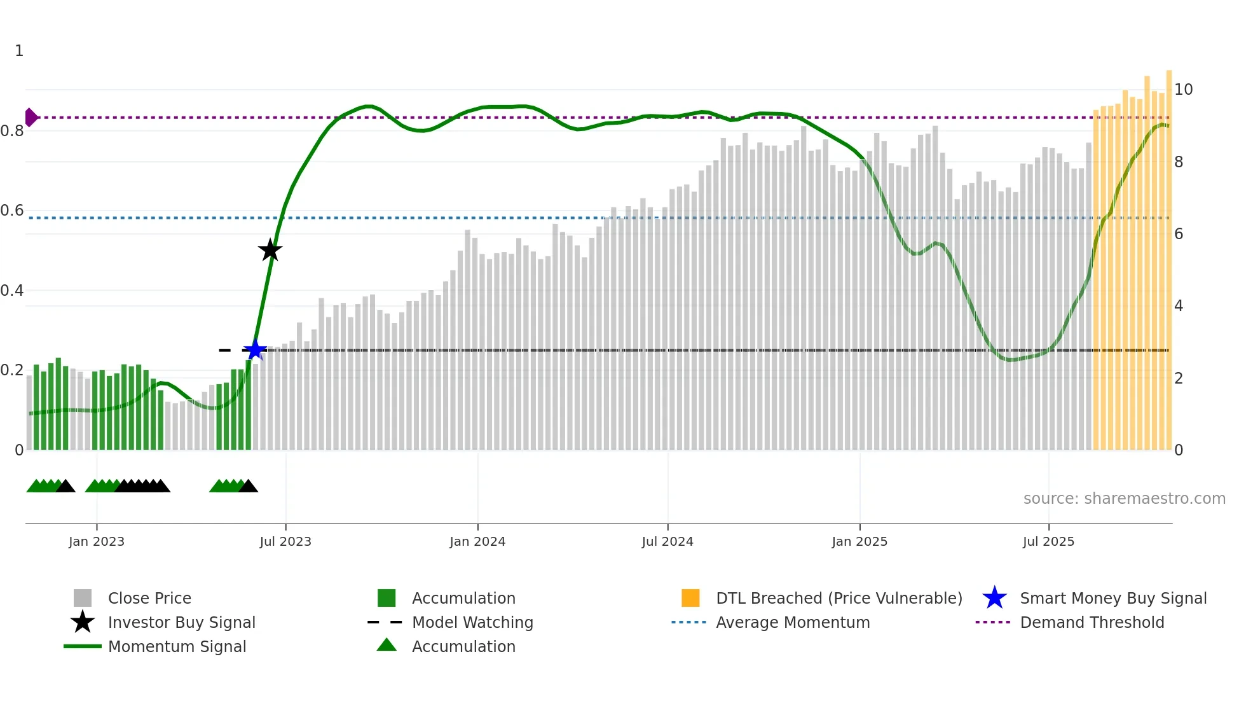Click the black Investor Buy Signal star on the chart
[270, 250]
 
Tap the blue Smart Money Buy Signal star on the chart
[255, 350]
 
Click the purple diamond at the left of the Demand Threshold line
[31, 117]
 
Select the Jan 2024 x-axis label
[477, 541]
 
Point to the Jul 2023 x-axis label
[285, 541]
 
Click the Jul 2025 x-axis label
[1048, 541]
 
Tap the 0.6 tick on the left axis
[12, 211]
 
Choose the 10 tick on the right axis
[1183, 90]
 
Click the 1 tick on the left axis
[19, 51]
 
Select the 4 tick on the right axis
[1179, 306]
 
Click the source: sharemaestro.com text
[1124, 499]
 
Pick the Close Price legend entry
[149, 598]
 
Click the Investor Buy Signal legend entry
[181, 622]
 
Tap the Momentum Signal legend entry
[177, 646]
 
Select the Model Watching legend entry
[472, 622]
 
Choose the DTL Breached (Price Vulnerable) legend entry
[839, 598]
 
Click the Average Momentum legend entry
[793, 622]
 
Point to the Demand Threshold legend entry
[1092, 622]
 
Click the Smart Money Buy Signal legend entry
[1113, 598]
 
